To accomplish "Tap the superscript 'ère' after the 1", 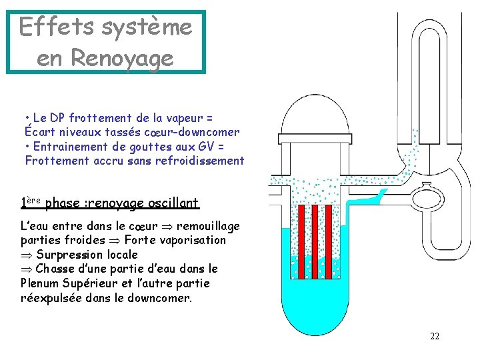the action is coord(34,199).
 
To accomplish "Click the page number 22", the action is coord(435,336).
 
